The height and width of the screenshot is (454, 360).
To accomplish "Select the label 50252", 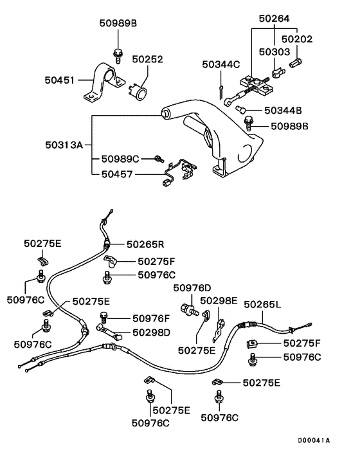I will coord(148,59).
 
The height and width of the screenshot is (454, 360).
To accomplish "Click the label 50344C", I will coord(221,64).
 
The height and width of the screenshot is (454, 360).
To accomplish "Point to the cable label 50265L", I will coord(262,304).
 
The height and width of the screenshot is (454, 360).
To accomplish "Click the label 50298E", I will coord(219,300).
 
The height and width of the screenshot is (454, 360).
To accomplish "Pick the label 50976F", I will coord(151,318).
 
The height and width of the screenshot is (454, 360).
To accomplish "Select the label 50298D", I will coord(151,332).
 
